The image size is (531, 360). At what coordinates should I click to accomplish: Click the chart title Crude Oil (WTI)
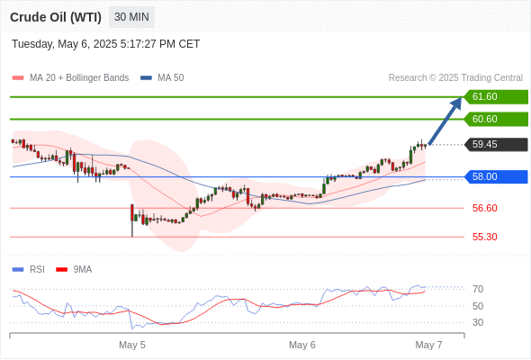(x=56, y=17)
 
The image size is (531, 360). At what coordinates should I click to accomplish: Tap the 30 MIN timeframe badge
(x=131, y=17)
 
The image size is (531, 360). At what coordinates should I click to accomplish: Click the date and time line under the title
(x=105, y=44)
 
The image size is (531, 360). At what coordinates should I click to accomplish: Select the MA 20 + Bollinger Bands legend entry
(x=70, y=78)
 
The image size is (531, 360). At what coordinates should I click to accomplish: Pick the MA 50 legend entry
(x=162, y=78)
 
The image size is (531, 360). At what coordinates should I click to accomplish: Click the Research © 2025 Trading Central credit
(x=455, y=78)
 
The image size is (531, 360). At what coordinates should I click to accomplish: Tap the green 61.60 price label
(x=496, y=97)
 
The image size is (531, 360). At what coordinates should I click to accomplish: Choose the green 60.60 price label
(x=496, y=119)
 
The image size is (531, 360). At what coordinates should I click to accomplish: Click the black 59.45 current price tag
(x=496, y=145)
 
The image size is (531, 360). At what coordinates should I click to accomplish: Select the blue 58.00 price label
(x=496, y=176)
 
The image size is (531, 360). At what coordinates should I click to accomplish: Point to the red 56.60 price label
(x=484, y=208)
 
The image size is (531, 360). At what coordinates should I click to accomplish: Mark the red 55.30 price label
(x=484, y=237)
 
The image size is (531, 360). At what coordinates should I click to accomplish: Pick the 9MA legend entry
(x=74, y=270)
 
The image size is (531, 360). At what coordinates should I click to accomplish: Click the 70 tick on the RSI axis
(x=478, y=289)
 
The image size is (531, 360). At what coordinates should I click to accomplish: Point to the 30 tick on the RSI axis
(x=478, y=322)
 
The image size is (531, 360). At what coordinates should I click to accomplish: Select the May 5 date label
(x=132, y=345)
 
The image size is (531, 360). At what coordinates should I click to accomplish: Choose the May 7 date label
(x=428, y=345)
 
